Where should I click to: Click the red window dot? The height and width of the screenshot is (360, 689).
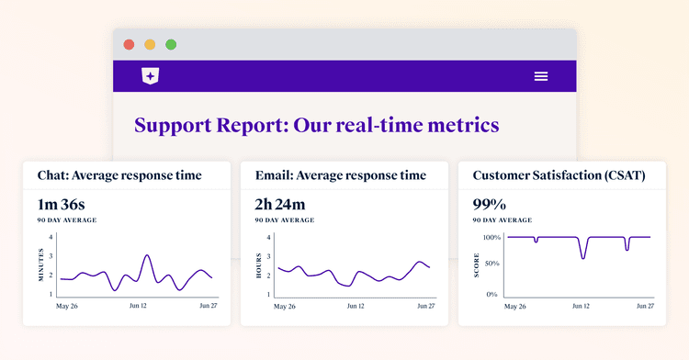coord(129,44)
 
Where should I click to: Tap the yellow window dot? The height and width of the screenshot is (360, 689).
coord(150,44)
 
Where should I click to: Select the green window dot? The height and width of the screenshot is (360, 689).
coord(171,44)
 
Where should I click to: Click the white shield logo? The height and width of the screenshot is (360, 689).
coord(150,76)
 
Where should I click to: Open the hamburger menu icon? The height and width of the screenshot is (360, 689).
coord(541,76)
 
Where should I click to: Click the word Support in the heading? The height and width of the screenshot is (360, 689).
coord(179,125)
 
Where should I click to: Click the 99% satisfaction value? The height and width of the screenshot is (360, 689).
coord(489,203)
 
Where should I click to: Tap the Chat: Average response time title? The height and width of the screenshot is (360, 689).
coord(119,174)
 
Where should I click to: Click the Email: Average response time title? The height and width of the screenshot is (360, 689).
coord(340,174)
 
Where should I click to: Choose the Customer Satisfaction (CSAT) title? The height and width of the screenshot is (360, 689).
coord(557,174)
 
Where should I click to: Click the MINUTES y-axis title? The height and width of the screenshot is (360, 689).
coord(40,265)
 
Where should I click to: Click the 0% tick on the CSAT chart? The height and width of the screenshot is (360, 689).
coord(493,295)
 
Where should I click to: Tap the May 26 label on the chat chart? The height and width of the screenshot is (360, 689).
coord(68,305)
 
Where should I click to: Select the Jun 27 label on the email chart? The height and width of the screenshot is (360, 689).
coord(426,305)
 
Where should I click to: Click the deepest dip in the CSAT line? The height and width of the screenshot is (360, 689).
coord(582,257)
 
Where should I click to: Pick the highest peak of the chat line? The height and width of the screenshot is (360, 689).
coord(148,256)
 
